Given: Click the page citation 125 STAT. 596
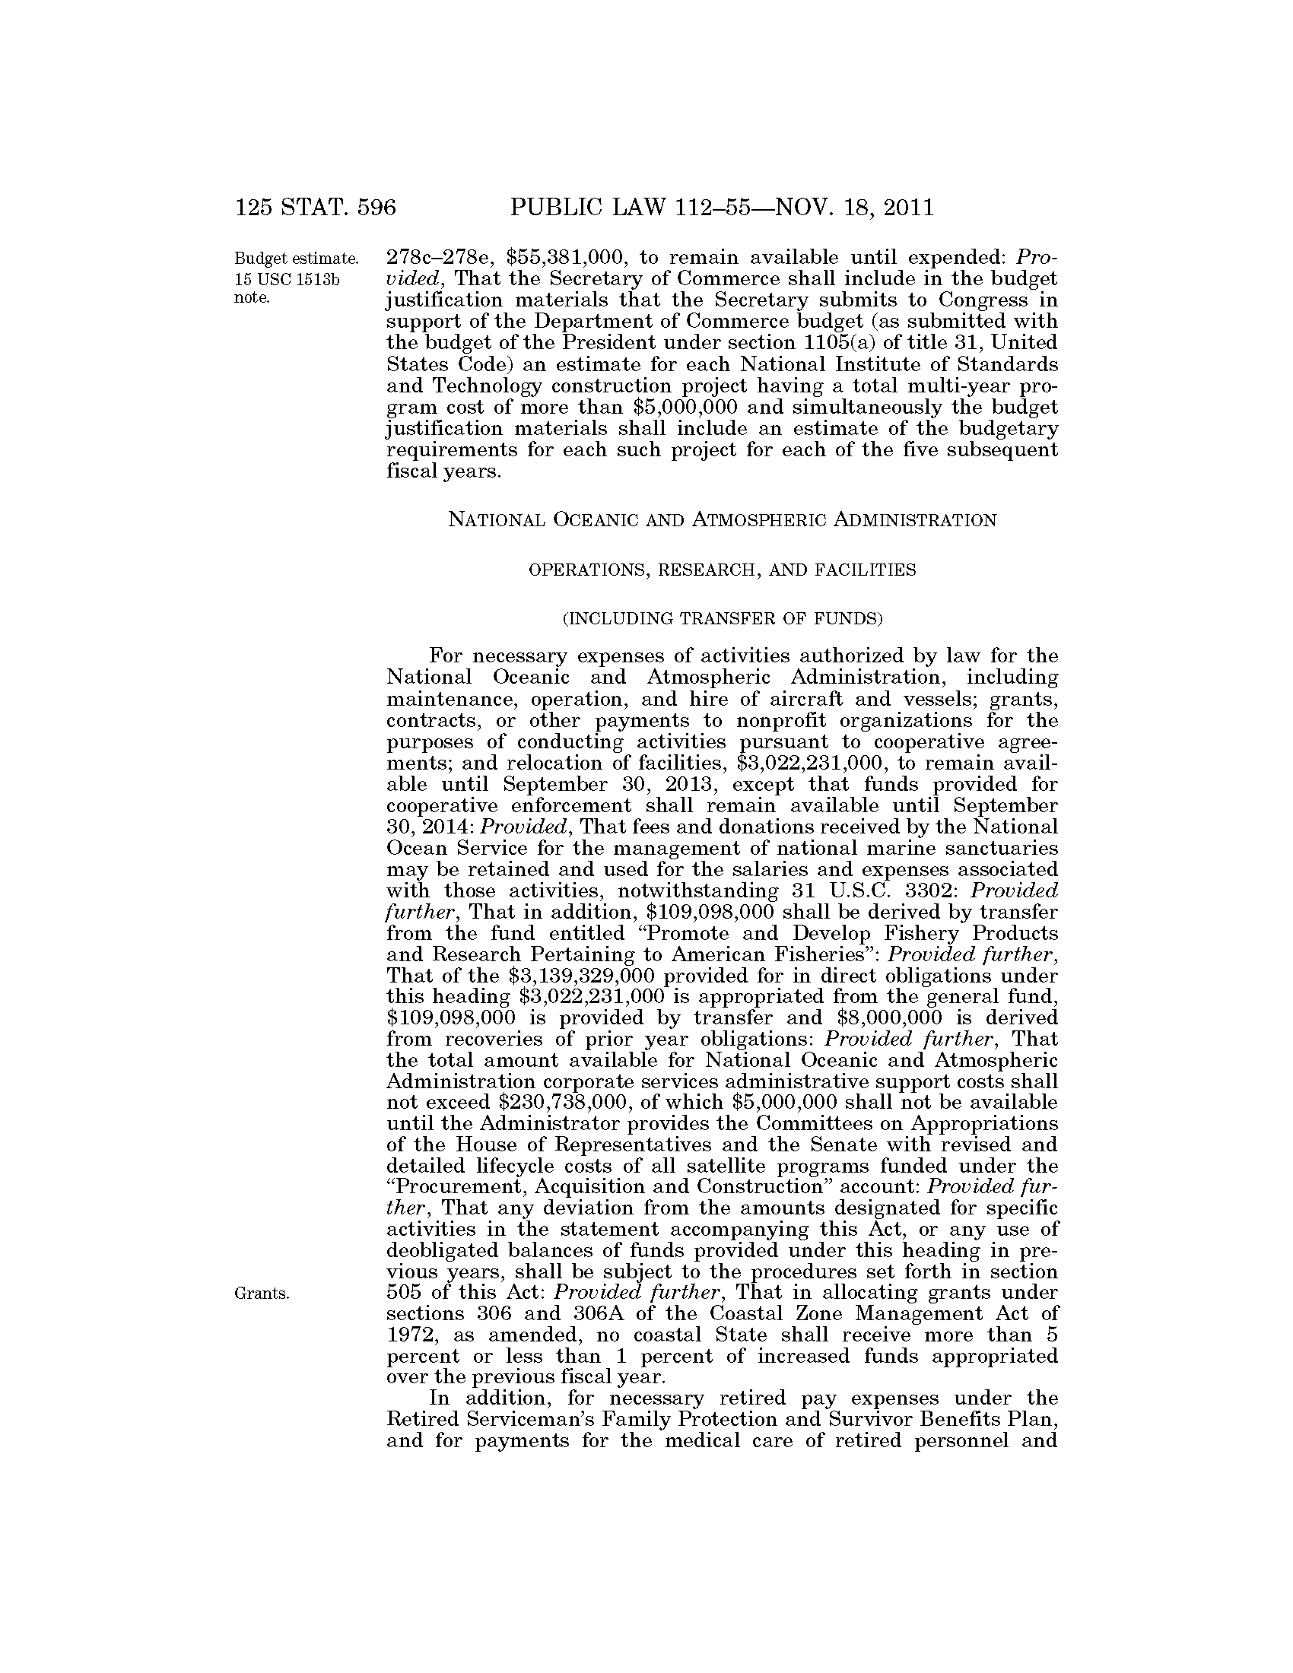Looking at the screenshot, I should coord(315,208).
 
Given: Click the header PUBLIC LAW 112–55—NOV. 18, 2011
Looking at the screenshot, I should coord(722,208).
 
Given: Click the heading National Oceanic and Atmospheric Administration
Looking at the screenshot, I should coord(722,520).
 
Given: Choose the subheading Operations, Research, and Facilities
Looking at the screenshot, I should coord(722,570).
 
